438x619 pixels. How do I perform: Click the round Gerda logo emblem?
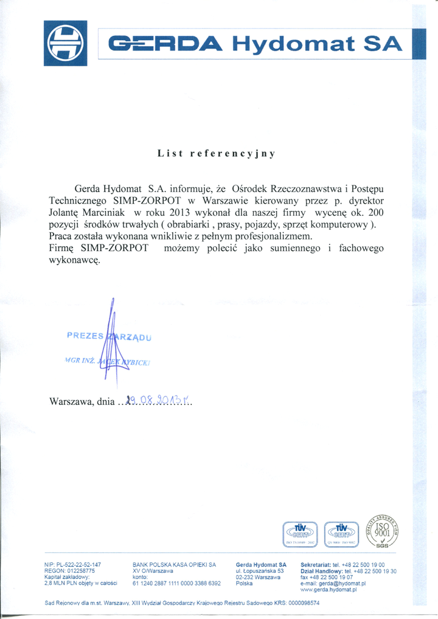point(66,43)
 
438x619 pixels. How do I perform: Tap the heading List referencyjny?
point(217,153)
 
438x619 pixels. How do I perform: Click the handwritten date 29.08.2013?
point(156,401)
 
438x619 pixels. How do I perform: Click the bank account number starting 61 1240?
point(176,583)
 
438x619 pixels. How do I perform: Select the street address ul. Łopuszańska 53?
point(259,571)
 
